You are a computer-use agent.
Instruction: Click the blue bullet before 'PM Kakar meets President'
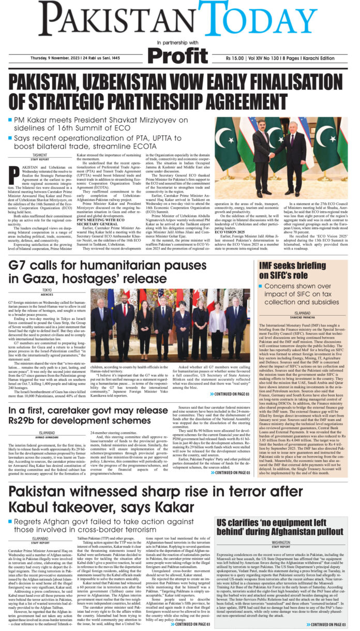11,120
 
